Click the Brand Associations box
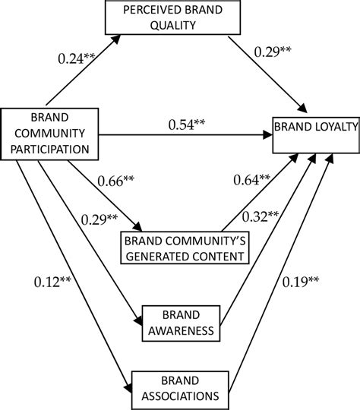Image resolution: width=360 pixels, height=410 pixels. pyautogui.click(x=180, y=387)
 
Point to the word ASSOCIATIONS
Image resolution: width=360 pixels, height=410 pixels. pyautogui.click(x=180, y=394)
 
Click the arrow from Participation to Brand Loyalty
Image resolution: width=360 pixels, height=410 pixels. pyautogui.click(x=190, y=136)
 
